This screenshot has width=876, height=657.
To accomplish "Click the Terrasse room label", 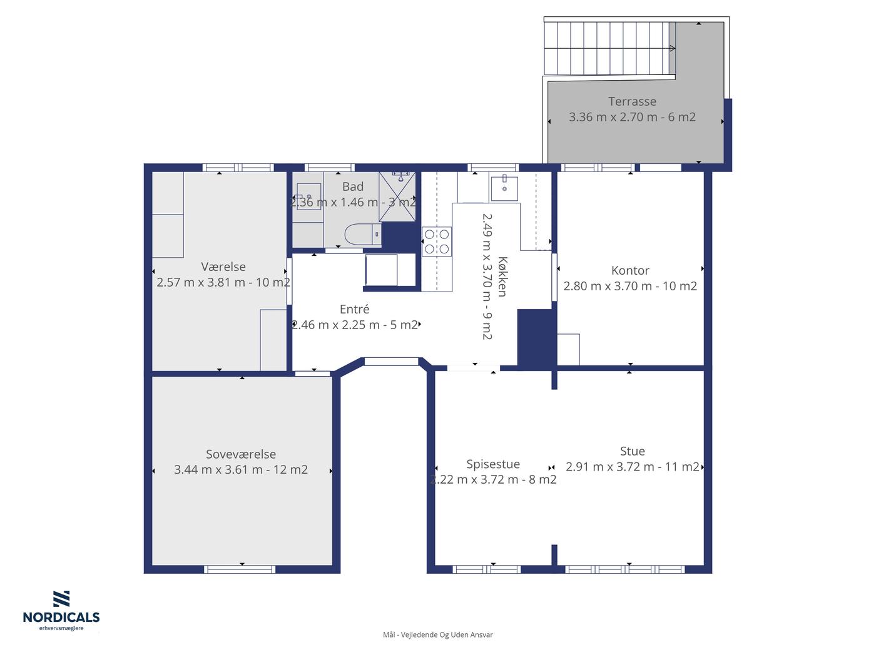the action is tap(632, 102).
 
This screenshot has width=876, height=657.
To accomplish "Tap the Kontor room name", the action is tap(630, 271).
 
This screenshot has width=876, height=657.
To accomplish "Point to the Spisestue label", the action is tap(493, 464).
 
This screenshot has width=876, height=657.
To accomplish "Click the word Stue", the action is tap(632, 451).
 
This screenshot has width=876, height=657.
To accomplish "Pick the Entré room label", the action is tap(354, 309).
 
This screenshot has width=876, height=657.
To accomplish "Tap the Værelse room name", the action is tap(223, 267).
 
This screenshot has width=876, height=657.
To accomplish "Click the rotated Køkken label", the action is tap(502, 277).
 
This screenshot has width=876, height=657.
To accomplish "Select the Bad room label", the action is tap(353, 186).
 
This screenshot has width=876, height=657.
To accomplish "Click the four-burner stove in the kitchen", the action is tap(437, 241).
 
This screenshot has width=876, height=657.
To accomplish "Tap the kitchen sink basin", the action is tap(504, 188).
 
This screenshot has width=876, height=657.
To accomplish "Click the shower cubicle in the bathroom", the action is tap(397, 196).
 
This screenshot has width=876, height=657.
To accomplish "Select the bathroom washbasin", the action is tap(308, 196).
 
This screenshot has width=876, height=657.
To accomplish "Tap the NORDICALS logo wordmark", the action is tap(61, 618).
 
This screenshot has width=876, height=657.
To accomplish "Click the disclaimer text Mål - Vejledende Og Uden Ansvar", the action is tap(438, 634).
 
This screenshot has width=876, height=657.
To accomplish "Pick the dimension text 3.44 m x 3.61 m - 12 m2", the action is tap(241, 469).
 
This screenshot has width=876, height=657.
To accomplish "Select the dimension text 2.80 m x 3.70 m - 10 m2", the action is tap(630, 286).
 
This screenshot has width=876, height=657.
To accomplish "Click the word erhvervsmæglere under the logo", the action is tap(61, 628).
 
